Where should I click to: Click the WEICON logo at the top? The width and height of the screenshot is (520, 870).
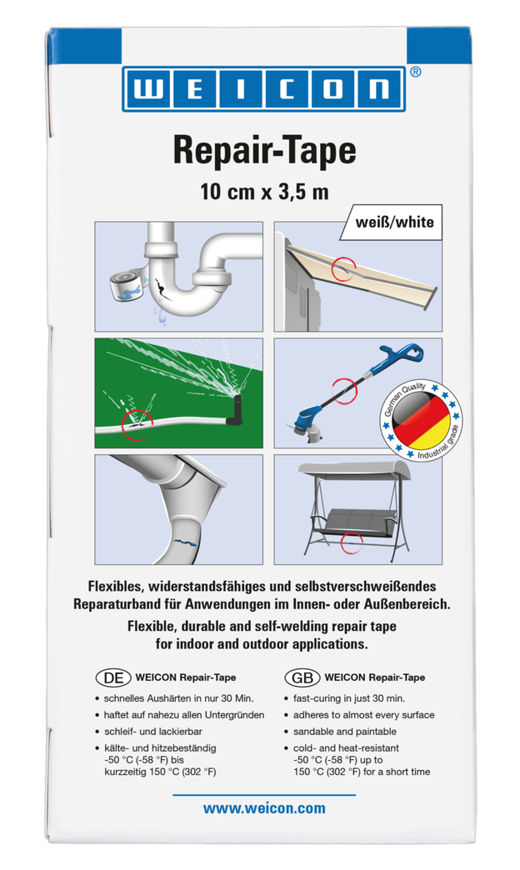click(x=264, y=89)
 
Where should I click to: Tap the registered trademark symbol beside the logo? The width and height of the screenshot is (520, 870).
click(x=416, y=72)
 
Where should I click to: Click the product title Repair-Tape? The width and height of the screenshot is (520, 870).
click(x=264, y=150)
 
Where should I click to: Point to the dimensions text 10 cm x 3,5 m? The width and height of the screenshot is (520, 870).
click(x=264, y=192)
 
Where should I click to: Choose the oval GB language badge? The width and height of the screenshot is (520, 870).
click(x=302, y=677)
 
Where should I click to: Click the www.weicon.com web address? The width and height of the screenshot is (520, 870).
click(x=264, y=808)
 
